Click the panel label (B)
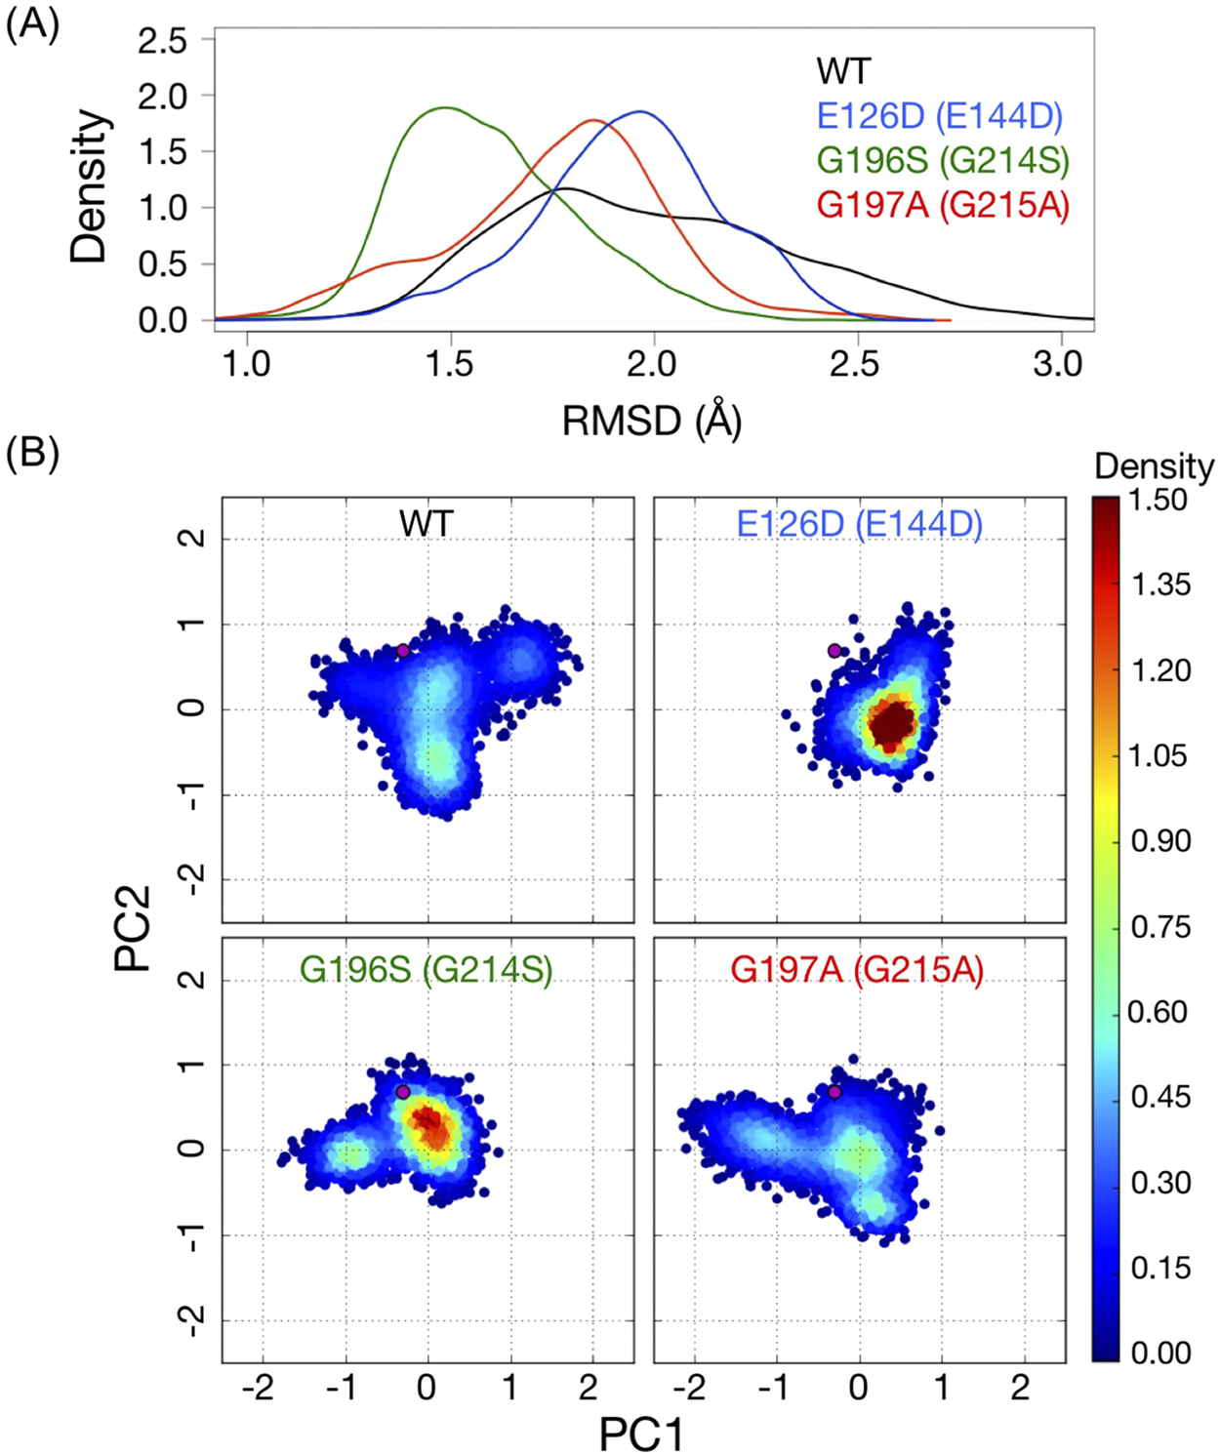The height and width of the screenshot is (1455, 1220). tap(32, 454)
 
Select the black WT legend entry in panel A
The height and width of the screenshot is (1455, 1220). tap(842, 71)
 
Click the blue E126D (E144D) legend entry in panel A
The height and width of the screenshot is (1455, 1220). tap(939, 116)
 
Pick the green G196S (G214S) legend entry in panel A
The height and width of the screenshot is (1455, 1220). tap(942, 160)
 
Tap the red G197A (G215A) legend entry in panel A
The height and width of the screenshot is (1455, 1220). tap(942, 205)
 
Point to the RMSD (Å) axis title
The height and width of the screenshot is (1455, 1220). tap(651, 421)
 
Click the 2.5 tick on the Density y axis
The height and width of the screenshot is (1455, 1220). tap(162, 41)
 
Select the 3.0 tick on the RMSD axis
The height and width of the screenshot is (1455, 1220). tap(1057, 364)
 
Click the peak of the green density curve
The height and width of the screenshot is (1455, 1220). tap(447, 107)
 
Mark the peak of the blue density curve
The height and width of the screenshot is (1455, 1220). tap(640, 111)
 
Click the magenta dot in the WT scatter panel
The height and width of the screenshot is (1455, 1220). tap(402, 651)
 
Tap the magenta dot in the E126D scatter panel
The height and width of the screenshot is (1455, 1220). tap(834, 651)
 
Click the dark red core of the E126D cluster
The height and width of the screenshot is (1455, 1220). tap(891, 724)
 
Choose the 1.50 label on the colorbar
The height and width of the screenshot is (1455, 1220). tap(1159, 500)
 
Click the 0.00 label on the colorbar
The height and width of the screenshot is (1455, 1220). tap(1159, 1353)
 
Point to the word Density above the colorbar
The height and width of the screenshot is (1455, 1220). tap(1154, 466)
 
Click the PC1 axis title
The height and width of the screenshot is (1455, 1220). tap(641, 1434)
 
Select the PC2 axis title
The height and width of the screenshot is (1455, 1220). tap(132, 928)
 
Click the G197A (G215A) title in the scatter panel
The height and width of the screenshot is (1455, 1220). tap(857, 970)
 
